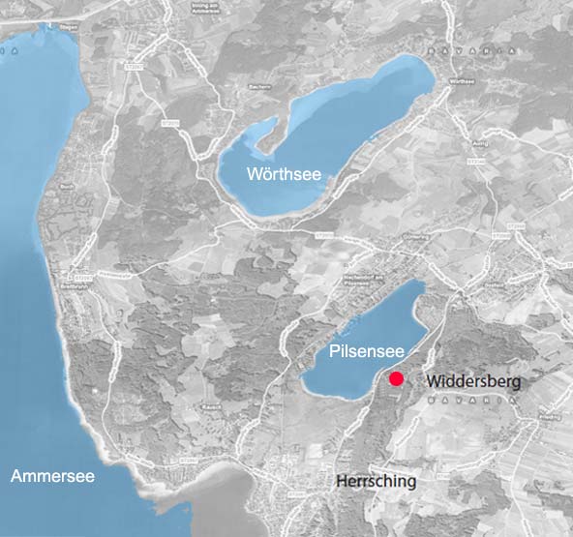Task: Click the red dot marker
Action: click(396, 379)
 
